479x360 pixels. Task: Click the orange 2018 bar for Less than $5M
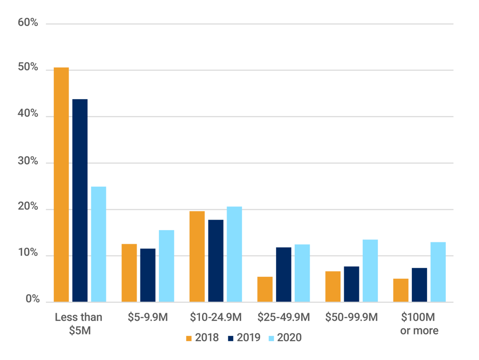coord(61,184)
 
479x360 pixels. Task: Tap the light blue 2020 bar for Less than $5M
coord(98,244)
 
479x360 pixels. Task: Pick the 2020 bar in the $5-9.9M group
coord(166,266)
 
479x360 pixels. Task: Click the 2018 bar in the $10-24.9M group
coord(197,256)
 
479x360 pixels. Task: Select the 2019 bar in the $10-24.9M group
coord(216,261)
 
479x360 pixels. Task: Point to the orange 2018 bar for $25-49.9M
coord(265,289)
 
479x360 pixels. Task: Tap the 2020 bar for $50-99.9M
coord(370,270)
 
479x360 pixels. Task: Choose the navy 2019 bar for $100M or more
coord(419,285)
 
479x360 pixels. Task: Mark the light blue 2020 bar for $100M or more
coord(438,272)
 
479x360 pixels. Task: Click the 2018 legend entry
coord(202,338)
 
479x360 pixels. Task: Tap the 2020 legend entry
coord(285,338)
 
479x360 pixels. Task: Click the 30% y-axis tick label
coord(28,161)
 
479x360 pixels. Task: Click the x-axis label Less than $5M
coord(78,324)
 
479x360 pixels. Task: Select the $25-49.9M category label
coord(284,317)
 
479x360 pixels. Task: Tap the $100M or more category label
coord(419,324)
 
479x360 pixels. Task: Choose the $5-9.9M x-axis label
coord(148,317)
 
